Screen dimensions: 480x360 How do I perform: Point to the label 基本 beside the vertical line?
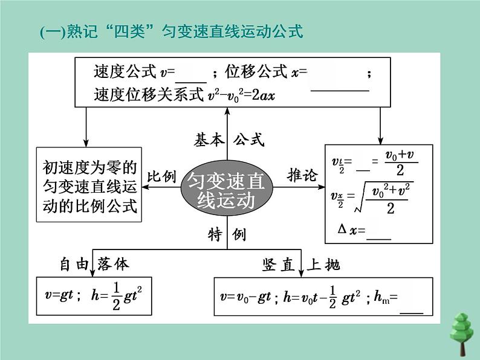pos(208,140)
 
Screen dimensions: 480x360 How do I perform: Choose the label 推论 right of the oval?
pos(302,176)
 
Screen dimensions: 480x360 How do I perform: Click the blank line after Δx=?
pos(379,233)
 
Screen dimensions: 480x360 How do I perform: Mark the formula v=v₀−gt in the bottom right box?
pos(245,297)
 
